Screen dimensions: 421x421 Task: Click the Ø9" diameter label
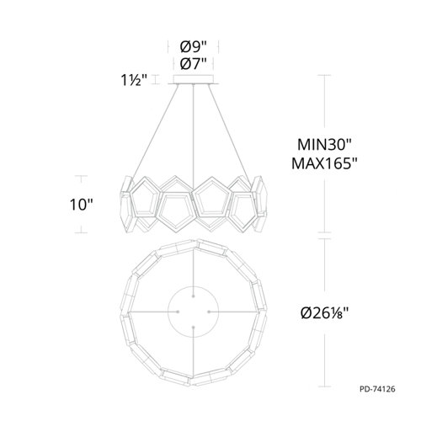coord(195,47)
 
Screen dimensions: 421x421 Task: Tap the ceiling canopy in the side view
coord(195,82)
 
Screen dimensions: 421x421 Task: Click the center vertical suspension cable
coord(195,126)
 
